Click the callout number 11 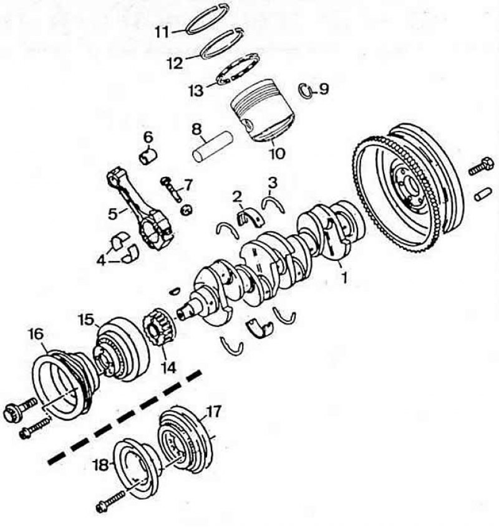[x=163, y=33]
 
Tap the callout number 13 [x=196, y=91]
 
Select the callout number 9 [x=323, y=90]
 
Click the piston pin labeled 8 [x=213, y=147]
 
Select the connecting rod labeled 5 [x=140, y=208]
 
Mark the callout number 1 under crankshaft [x=344, y=278]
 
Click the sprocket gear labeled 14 [x=157, y=328]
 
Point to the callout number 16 [x=36, y=334]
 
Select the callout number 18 [x=100, y=465]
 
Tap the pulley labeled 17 [x=186, y=441]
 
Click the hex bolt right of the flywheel [x=481, y=167]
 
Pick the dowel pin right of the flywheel [x=483, y=195]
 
